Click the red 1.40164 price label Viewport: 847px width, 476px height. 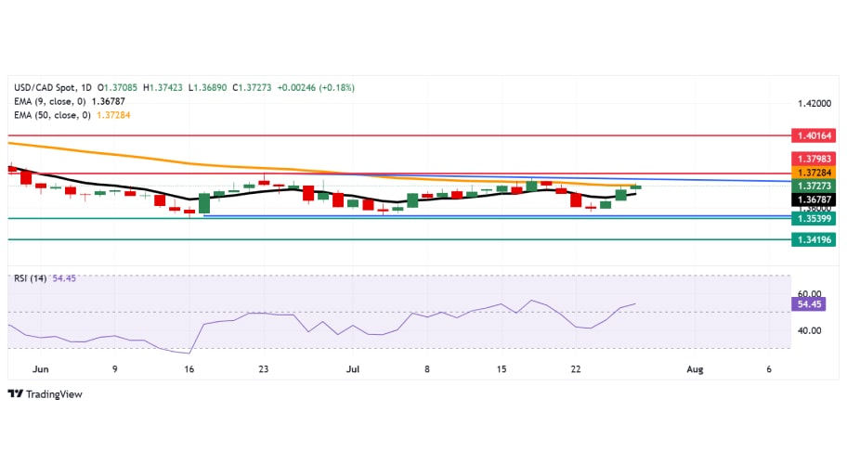pos(814,135)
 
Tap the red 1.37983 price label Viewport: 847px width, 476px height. pos(814,158)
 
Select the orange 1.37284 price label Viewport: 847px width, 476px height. pos(814,173)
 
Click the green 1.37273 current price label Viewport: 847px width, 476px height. pos(814,186)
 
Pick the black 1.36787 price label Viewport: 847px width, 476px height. pos(814,199)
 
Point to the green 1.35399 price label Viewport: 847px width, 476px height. pos(814,218)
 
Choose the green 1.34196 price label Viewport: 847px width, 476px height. pos(814,239)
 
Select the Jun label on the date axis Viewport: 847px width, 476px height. pos(41,369)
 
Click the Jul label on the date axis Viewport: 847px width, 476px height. pos(352,369)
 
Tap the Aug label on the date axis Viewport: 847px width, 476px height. pos(695,369)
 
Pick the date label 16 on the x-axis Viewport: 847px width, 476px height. pos(189,369)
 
